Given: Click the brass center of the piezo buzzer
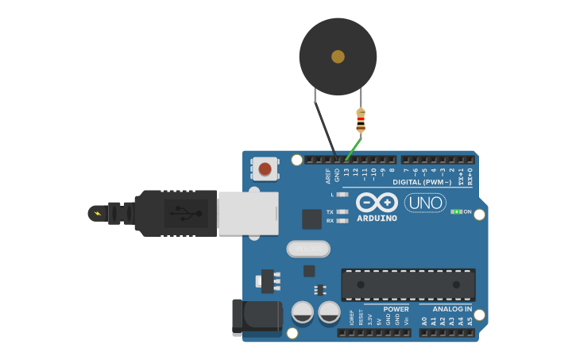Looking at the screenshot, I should pyautogui.click(x=338, y=56).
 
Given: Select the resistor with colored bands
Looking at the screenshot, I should pyautogui.click(x=361, y=120).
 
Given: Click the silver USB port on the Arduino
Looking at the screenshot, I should pyautogui.click(x=248, y=213).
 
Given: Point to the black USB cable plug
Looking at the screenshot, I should pyautogui.click(x=176, y=213).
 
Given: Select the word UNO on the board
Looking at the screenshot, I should pyautogui.click(x=425, y=203).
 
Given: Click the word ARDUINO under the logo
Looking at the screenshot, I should pyautogui.click(x=377, y=219).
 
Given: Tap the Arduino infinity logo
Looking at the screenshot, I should pyautogui.click(x=377, y=202).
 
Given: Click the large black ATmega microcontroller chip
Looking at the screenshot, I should pyautogui.click(x=408, y=284).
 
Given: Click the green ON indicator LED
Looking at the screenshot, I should pyautogui.click(x=456, y=211).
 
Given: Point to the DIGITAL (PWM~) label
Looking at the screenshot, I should pyautogui.click(x=422, y=182).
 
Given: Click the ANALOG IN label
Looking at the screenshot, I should pyautogui.click(x=451, y=308).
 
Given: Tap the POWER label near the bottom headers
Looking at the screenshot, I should pyautogui.click(x=396, y=308).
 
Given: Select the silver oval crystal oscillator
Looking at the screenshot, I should pyautogui.click(x=308, y=249).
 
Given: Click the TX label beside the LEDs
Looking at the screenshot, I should pyautogui.click(x=330, y=212).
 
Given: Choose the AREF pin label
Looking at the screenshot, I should pyautogui.click(x=327, y=176).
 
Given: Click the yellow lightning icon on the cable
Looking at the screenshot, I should pyautogui.click(x=98, y=213).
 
